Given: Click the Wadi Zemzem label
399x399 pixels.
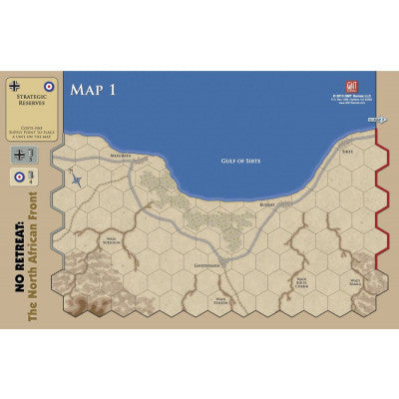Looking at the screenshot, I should pos(222,298).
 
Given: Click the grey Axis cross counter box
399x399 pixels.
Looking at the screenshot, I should pos(23,155).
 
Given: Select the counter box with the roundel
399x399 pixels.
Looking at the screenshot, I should pos(22,179).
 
